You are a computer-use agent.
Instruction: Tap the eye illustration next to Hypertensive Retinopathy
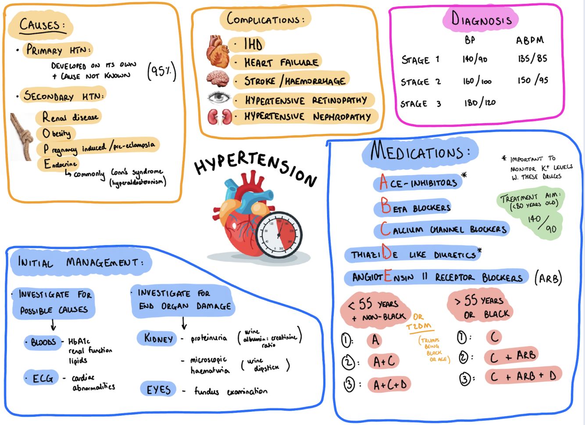coord(218,98)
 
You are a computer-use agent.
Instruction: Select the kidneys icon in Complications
coord(219,117)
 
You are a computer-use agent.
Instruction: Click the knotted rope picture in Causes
coord(22,136)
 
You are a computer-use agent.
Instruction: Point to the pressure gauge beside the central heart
coord(279,234)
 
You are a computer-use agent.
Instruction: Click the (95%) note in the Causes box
coord(162,71)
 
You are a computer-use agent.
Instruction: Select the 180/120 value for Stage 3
coord(480,103)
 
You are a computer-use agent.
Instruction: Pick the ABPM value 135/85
coord(532,59)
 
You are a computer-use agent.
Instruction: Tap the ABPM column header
coord(530,40)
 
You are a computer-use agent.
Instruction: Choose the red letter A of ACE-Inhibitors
coord(384,182)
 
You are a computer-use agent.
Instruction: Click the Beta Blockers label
coord(415,207)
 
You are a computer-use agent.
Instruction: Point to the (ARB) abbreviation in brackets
coord(548,278)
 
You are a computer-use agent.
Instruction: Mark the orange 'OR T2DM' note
coord(419,322)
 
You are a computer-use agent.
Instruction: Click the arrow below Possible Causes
coord(53,325)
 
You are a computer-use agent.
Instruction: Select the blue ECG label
coord(42,378)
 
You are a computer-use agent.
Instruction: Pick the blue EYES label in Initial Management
coord(158,389)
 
